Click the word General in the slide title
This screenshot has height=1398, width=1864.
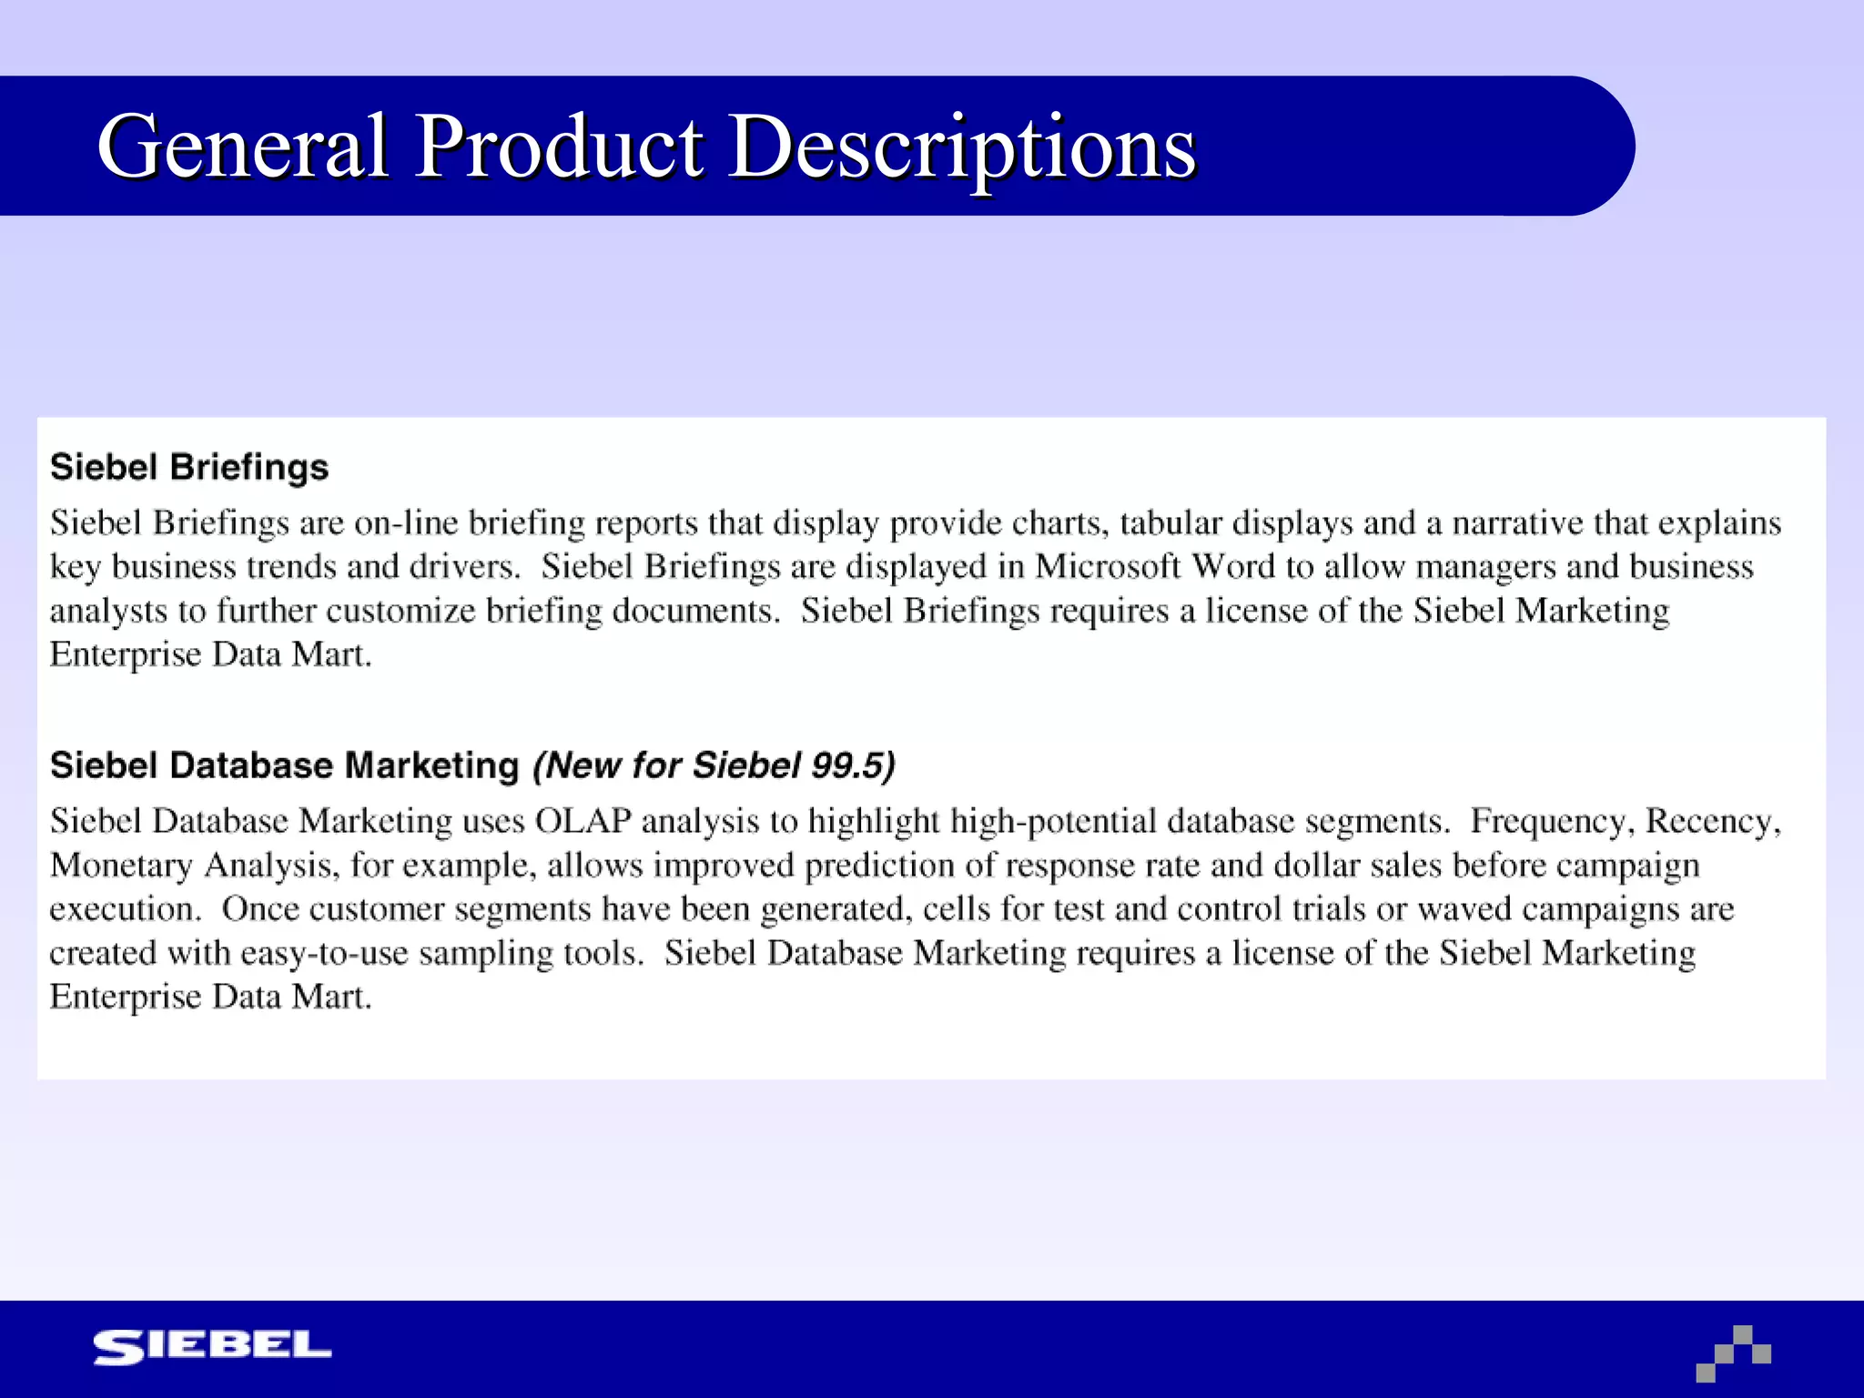click(x=243, y=146)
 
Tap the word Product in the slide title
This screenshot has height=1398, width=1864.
click(x=559, y=146)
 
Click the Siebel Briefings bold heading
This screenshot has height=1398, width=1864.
click(x=189, y=467)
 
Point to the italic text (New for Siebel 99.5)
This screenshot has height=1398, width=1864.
click(x=714, y=765)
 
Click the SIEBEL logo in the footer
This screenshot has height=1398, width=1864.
click(x=212, y=1347)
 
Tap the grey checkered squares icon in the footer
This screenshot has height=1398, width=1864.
click(x=1733, y=1353)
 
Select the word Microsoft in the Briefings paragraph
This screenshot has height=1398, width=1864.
click(x=1108, y=567)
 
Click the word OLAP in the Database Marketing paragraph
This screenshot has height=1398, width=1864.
click(x=582, y=821)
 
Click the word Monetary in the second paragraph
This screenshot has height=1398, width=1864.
click(x=121, y=866)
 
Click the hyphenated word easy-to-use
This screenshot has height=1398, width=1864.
click(x=324, y=954)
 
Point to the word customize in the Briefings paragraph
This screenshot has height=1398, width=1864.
click(x=400, y=611)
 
